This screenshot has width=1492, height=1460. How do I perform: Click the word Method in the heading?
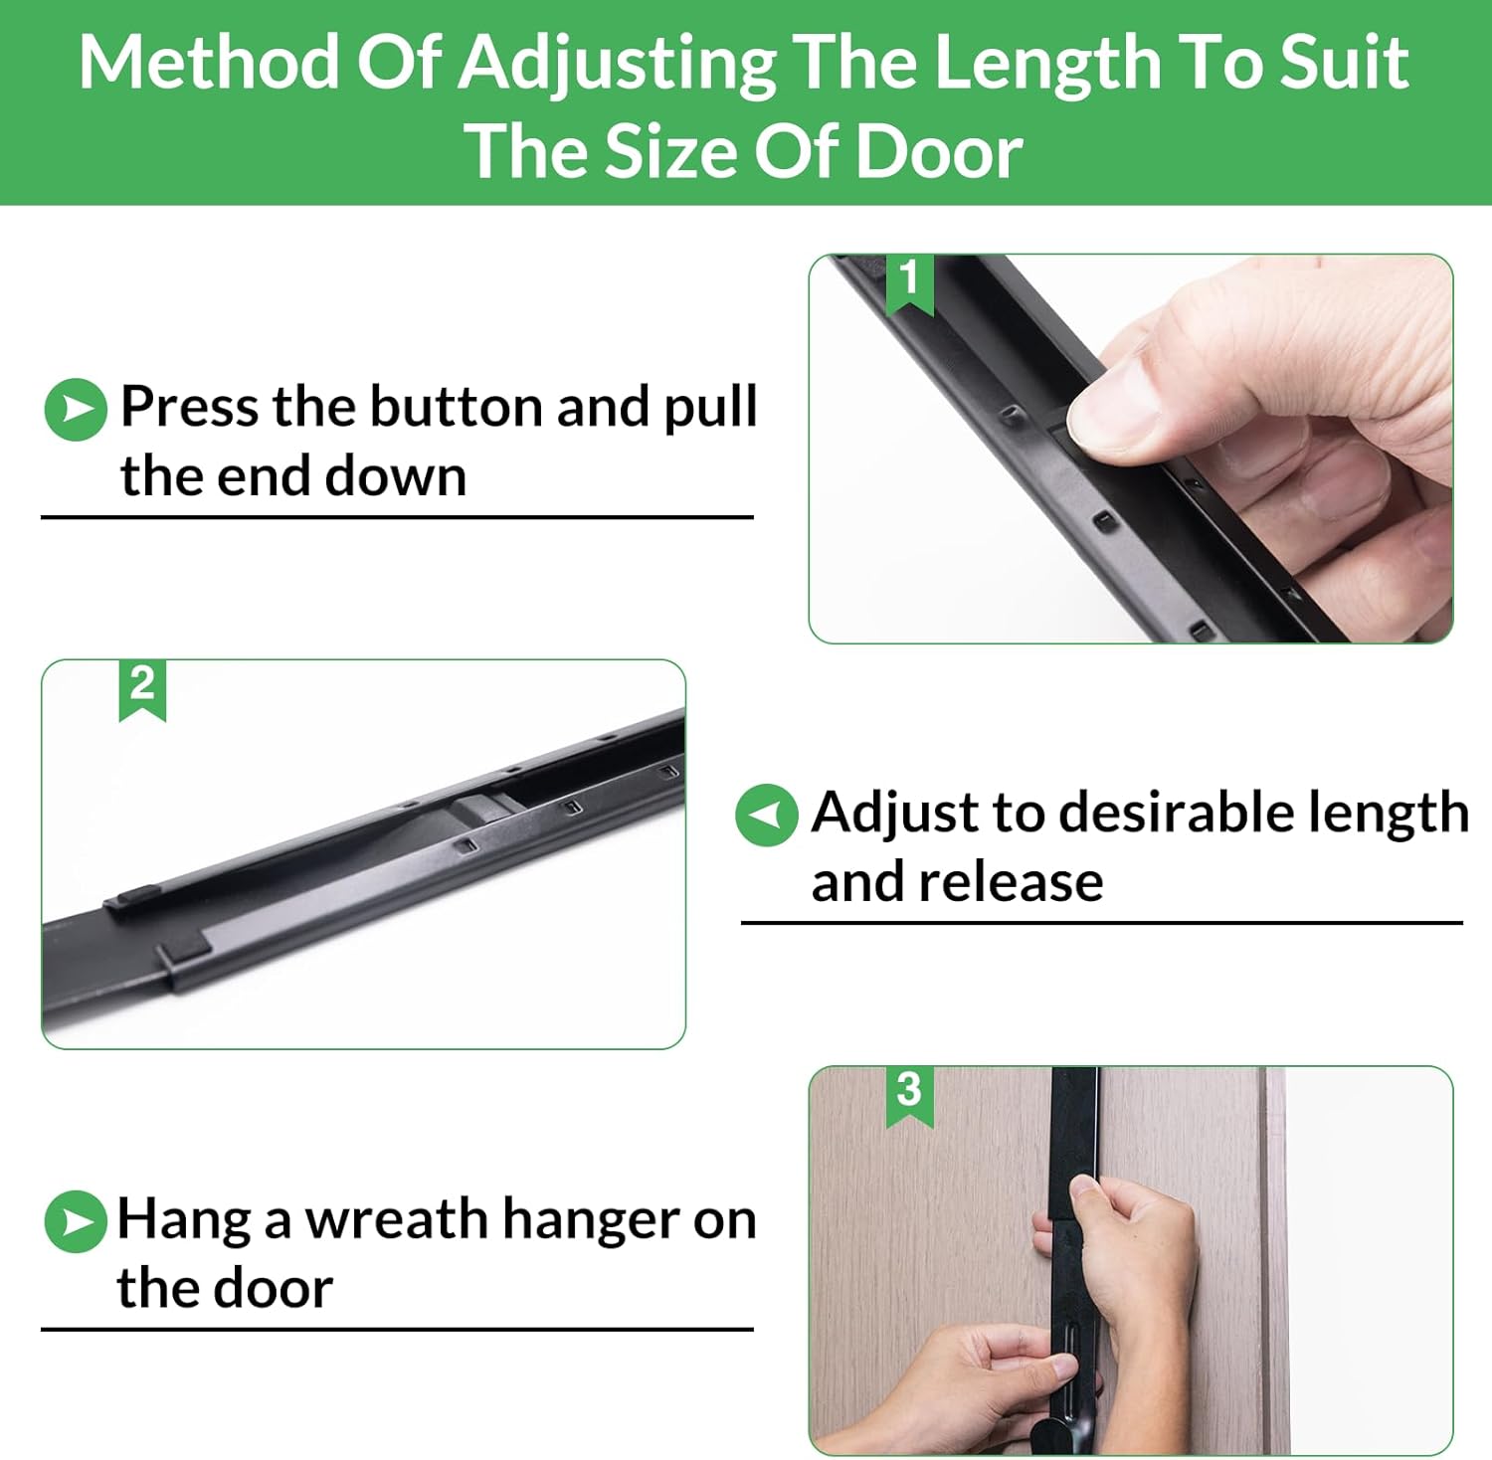[x=210, y=63]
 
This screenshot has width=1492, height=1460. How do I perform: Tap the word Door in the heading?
[x=937, y=152]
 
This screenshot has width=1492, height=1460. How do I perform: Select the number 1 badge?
[x=909, y=283]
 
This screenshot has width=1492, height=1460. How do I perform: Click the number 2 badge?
[x=142, y=689]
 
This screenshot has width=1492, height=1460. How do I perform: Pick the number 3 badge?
[x=909, y=1095]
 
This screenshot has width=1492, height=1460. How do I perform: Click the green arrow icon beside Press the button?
[x=76, y=409]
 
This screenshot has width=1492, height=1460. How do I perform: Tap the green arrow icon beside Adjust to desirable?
[x=767, y=815]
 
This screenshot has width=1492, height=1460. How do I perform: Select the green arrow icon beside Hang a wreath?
[x=76, y=1221]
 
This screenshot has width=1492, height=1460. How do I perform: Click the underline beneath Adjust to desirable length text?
[x=1102, y=923]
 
